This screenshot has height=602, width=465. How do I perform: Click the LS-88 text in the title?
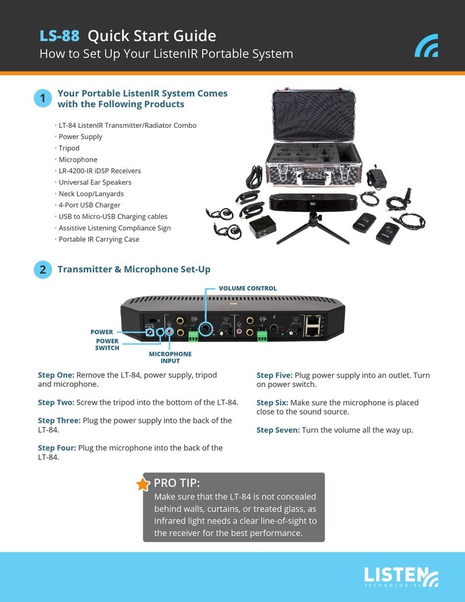pos(60,36)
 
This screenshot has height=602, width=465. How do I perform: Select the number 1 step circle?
pos(42,99)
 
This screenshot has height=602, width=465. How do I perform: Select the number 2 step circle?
pos(42,269)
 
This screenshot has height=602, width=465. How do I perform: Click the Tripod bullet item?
pos(69,148)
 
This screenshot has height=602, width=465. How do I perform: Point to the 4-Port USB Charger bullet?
pos(89,205)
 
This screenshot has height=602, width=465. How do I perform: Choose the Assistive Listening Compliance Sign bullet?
pos(115,228)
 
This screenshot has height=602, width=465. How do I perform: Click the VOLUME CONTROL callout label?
pos(248,288)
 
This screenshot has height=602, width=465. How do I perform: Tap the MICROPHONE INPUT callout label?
pos(170,357)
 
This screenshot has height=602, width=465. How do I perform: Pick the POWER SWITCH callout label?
pos(108,344)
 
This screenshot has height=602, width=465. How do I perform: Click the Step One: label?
pos(56,375)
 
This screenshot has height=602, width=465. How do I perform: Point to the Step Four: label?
pos(57,448)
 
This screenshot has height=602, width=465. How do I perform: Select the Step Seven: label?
pos(277,430)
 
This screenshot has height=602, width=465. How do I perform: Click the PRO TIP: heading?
pos(177,483)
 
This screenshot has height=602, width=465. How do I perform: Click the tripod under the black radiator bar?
pos(314,228)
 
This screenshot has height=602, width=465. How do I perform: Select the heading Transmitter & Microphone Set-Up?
pos(134,269)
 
